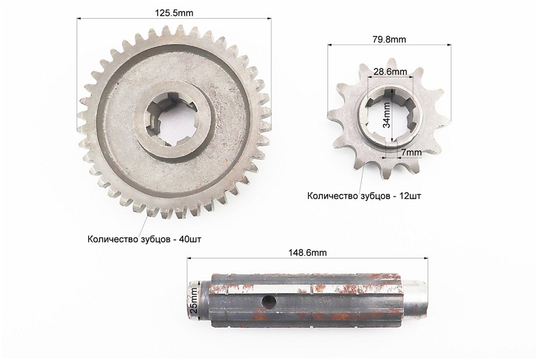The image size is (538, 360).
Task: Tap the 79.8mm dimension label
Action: [x=389, y=39]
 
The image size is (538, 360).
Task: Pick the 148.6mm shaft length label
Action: [x=308, y=252]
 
